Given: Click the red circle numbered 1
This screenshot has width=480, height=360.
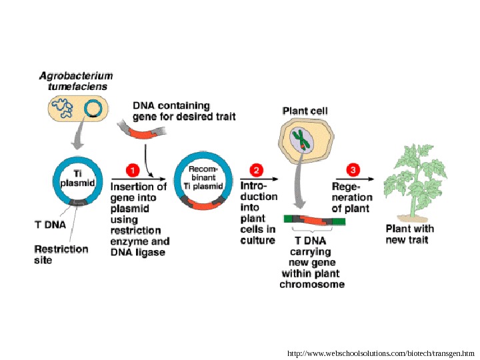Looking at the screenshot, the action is point(133,170).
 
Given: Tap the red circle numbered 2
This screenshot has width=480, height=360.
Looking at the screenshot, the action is point(256,170).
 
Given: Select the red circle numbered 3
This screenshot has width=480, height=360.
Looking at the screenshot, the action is point(353,169).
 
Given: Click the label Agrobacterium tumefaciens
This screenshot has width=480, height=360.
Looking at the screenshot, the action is point(76,81).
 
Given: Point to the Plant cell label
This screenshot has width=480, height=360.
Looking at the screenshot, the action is point(305,111).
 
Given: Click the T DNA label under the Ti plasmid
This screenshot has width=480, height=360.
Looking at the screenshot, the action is point(50,225).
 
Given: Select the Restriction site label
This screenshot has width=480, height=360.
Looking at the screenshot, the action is point(61,255).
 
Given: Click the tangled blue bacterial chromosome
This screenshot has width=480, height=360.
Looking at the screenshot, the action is point(62,107).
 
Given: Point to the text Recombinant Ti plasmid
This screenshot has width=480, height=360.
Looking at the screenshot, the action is point(203,177).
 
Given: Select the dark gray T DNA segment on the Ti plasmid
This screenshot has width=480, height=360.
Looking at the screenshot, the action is point(78,202).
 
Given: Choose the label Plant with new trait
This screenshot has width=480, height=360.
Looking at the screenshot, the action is point(409,234).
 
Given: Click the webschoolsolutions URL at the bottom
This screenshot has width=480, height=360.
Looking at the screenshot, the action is point(381,353).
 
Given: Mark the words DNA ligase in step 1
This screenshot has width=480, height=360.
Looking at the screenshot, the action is point(138,252).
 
